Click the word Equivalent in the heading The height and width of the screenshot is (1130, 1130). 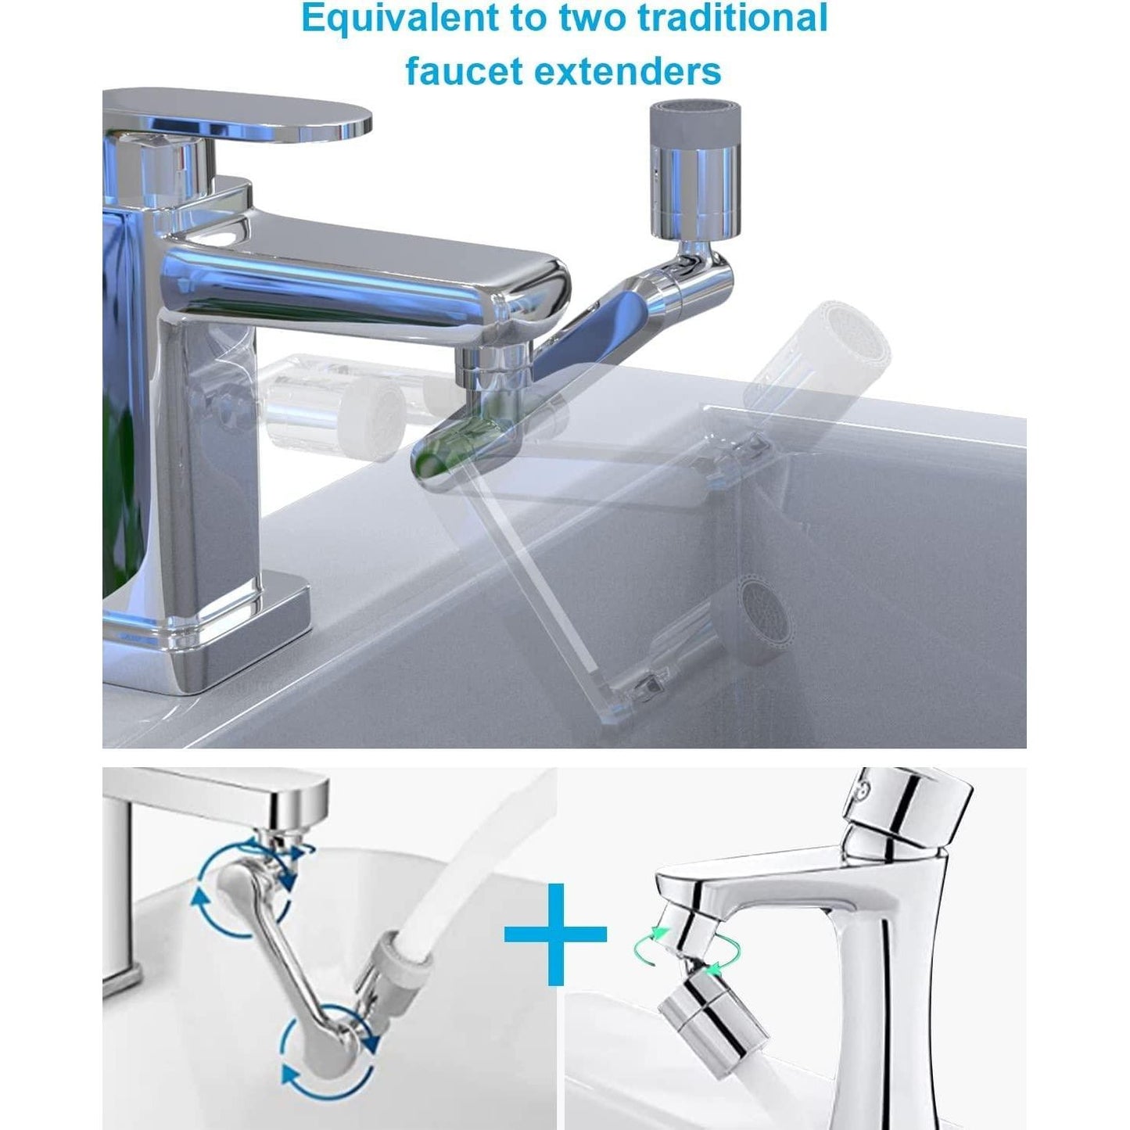tap(401, 20)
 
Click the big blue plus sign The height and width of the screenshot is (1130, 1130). tap(555, 934)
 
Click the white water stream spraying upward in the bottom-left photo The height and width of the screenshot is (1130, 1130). tap(475, 850)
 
